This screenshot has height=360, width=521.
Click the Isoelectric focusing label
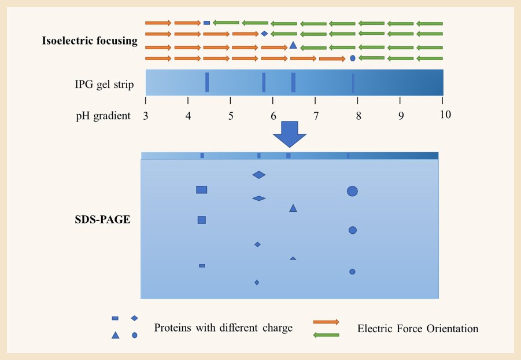(x=90, y=41)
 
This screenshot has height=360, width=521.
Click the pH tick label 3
(x=146, y=115)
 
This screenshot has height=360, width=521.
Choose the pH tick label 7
(x=316, y=115)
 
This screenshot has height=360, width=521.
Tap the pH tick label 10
(x=445, y=115)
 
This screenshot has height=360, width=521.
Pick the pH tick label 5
(x=231, y=115)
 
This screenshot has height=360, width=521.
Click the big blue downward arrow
(x=289, y=134)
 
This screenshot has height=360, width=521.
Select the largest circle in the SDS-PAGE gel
(x=352, y=191)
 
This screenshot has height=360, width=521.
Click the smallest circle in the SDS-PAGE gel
(x=352, y=271)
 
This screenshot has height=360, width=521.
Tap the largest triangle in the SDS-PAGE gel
(x=293, y=208)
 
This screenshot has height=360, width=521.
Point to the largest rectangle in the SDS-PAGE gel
(x=202, y=189)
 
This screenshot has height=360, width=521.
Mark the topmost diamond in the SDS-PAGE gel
(x=259, y=175)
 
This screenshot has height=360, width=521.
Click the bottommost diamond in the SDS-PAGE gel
(x=257, y=282)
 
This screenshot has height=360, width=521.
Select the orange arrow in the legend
(x=326, y=321)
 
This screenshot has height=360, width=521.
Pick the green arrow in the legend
(x=326, y=335)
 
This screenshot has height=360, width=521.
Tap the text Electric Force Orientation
(x=417, y=329)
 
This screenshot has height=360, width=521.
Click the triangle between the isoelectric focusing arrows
(x=293, y=45)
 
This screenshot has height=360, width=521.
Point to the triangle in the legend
(x=116, y=335)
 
